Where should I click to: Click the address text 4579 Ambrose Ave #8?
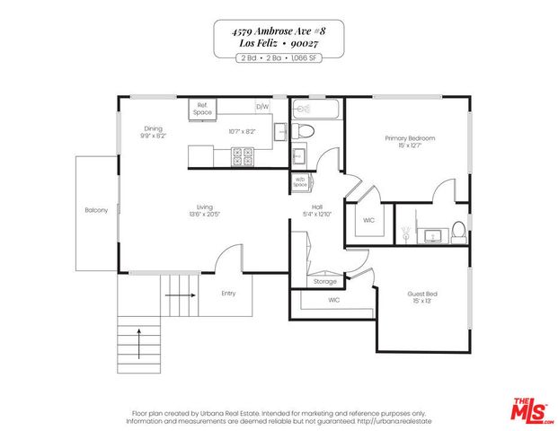tap(279, 31)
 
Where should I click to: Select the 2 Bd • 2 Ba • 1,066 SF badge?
tap(279, 57)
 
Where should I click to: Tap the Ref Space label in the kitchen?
tap(202, 110)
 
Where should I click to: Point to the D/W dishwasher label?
tap(262, 107)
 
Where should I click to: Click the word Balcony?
tap(96, 210)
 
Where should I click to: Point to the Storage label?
tap(325, 282)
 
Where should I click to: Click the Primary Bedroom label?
tap(410, 138)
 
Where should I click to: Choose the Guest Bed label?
tap(422, 294)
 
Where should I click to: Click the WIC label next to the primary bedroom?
tap(368, 219)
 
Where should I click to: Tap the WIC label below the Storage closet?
tap(333, 300)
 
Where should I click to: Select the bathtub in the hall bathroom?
tap(316, 110)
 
